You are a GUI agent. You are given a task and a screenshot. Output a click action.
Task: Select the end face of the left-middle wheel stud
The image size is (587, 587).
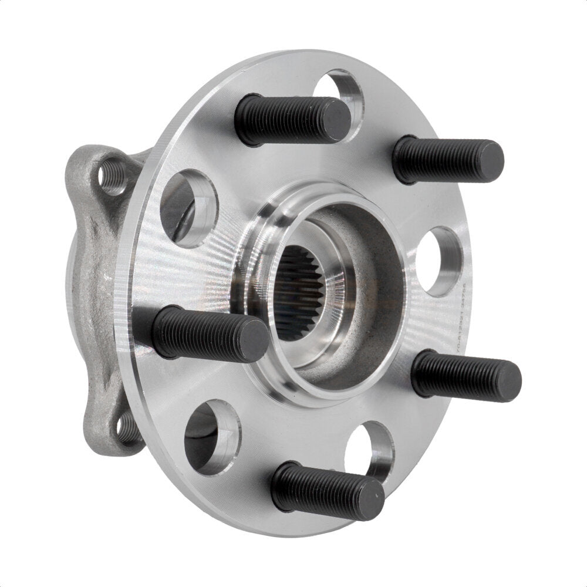click(254, 341)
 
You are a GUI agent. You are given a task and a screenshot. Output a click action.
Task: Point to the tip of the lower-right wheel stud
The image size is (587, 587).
click(507, 380)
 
